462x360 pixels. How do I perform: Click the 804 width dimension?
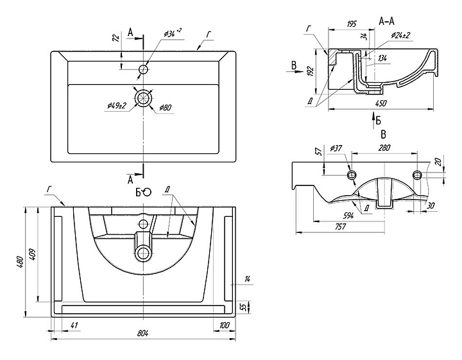[x=142, y=333]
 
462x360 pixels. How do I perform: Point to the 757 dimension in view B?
[x=340, y=227]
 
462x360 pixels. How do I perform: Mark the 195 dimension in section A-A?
[x=352, y=24]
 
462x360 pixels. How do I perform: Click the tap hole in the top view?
[x=143, y=69]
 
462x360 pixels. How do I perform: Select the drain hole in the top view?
[x=143, y=98]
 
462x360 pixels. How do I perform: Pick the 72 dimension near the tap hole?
[x=116, y=38]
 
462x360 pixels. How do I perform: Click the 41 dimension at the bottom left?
[x=74, y=326]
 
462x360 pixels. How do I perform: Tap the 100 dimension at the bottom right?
[x=224, y=326]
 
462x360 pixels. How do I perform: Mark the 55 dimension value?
[x=243, y=307]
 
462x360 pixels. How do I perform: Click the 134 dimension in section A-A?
[x=382, y=58]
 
